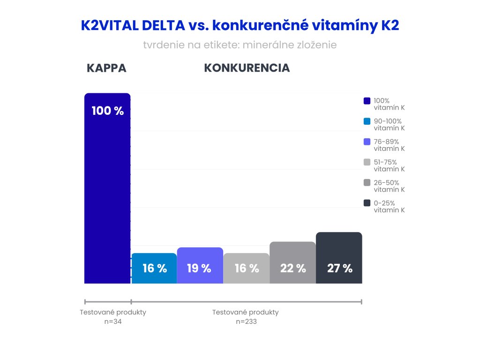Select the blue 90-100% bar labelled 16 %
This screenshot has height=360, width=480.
pyautogui.click(x=154, y=268)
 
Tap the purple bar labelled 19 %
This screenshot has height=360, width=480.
pyautogui.click(x=200, y=265)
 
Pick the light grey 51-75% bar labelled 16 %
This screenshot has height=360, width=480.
pyautogui.click(x=246, y=268)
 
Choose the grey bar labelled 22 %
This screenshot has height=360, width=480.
pyautogui.click(x=292, y=262)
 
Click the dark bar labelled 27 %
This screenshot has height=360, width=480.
pyautogui.click(x=339, y=258)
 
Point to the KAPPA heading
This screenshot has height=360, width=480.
pyautogui.click(x=106, y=68)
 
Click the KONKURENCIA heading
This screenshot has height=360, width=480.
pyautogui.click(x=247, y=68)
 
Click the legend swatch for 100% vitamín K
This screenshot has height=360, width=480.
pyautogui.click(x=367, y=101)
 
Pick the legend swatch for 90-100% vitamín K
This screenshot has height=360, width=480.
pyautogui.click(x=367, y=121)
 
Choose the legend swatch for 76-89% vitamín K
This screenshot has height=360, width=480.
pyautogui.click(x=367, y=142)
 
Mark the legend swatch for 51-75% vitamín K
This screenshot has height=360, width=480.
pyautogui.click(x=367, y=162)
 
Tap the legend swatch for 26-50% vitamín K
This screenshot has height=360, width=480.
pyautogui.click(x=367, y=183)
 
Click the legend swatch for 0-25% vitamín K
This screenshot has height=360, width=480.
pyautogui.click(x=367, y=203)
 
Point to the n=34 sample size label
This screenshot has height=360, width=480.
pyautogui.click(x=113, y=322)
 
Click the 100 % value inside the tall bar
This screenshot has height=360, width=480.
pyautogui.click(x=107, y=111)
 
